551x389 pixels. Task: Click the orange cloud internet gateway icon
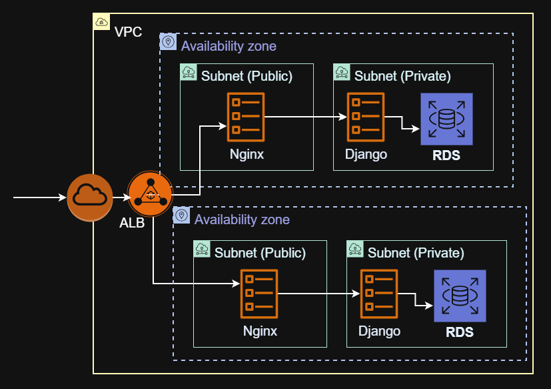coord(90,197)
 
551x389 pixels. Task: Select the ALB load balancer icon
coord(150,194)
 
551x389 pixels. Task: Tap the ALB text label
coord(132,223)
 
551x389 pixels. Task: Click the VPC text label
coord(128,32)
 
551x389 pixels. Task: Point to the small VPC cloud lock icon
coord(101,22)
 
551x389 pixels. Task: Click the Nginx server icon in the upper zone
coord(245,117)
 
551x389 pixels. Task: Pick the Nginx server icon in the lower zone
coord(259,294)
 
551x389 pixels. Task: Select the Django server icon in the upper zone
coord(365,117)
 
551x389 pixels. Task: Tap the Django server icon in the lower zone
coord(378,294)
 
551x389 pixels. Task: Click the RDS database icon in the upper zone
coord(446,119)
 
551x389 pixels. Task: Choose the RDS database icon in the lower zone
coord(460,296)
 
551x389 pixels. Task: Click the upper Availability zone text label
coord(229,46)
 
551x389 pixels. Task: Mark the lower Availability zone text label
coord(242,219)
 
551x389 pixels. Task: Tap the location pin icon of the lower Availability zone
coord(181,215)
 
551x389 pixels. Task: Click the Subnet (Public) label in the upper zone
coord(247,76)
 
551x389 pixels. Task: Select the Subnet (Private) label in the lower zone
coord(416,253)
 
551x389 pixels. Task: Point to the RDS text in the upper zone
coord(446,156)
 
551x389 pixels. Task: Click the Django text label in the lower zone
coord(379,330)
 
